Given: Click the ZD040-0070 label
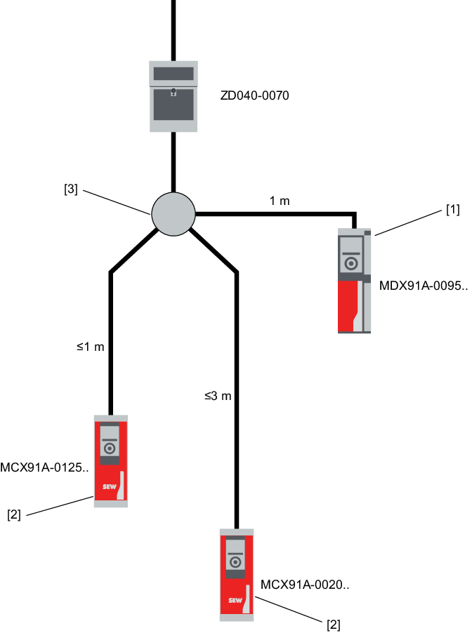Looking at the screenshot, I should pyautogui.click(x=254, y=95).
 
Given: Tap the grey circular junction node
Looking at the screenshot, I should pyautogui.click(x=173, y=212).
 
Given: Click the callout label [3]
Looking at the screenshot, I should pyautogui.click(x=71, y=189).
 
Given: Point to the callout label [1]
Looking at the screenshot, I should pyautogui.click(x=452, y=210).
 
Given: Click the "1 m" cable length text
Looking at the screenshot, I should pyautogui.click(x=280, y=201).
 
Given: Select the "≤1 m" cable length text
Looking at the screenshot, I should pyautogui.click(x=90, y=346).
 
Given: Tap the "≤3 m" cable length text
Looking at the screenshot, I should pyautogui.click(x=218, y=396).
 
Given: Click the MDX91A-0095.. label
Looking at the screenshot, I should pyautogui.click(x=423, y=286).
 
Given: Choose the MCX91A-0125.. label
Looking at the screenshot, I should pyautogui.click(x=45, y=468).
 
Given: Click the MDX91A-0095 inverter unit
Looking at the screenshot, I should pyautogui.click(x=354, y=281).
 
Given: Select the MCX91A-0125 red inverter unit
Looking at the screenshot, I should pyautogui.click(x=110, y=460).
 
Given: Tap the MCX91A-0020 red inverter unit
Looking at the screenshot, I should pyautogui.click(x=236, y=574).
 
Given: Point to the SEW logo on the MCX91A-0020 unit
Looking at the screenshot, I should pyautogui.click(x=234, y=601).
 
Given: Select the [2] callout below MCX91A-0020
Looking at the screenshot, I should pyautogui.click(x=334, y=625).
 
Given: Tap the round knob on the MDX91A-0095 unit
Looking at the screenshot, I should pyautogui.click(x=351, y=264).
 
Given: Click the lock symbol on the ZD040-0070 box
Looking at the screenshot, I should pyautogui.click(x=173, y=91).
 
